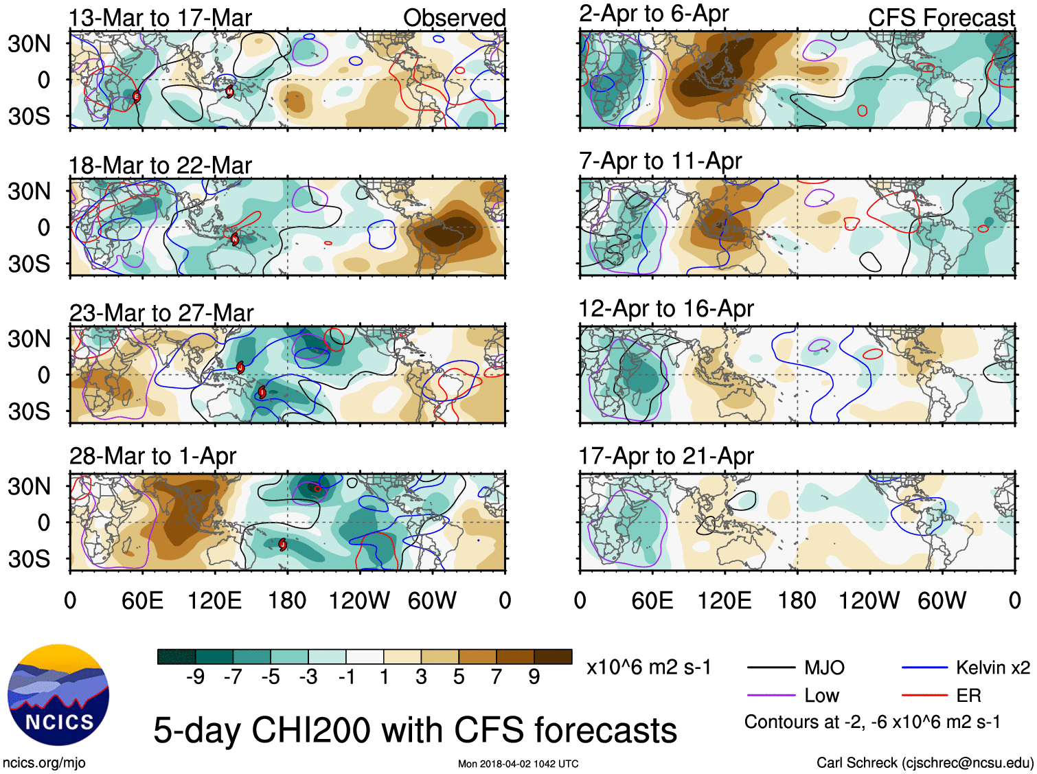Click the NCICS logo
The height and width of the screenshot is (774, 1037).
click(58, 695)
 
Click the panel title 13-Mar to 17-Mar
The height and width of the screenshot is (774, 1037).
click(160, 18)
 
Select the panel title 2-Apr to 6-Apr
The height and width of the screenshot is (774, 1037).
click(653, 14)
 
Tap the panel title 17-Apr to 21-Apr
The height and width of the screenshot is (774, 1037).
click(666, 456)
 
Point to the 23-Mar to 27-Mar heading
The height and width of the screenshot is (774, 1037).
click(161, 313)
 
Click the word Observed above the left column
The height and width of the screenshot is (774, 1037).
click(454, 18)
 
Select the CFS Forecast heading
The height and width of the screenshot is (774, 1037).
click(941, 18)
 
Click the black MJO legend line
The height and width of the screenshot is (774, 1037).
click(771, 668)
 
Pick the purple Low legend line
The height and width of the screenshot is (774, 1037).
click(771, 696)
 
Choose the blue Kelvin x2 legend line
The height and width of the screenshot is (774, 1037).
click(924, 668)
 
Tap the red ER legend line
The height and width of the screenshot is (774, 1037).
click(924, 696)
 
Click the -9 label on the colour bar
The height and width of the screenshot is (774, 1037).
click(196, 677)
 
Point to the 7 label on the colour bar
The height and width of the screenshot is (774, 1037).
click(497, 677)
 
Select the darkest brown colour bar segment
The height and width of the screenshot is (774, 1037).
click(553, 657)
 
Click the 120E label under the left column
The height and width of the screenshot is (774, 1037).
click(214, 601)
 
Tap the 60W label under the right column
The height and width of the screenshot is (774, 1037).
click(942, 601)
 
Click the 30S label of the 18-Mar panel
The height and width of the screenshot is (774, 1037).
click(29, 264)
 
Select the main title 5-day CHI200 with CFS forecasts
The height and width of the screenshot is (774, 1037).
click(415, 730)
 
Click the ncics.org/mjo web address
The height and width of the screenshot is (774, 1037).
click(44, 762)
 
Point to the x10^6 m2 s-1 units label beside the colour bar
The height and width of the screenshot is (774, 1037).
click(649, 668)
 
